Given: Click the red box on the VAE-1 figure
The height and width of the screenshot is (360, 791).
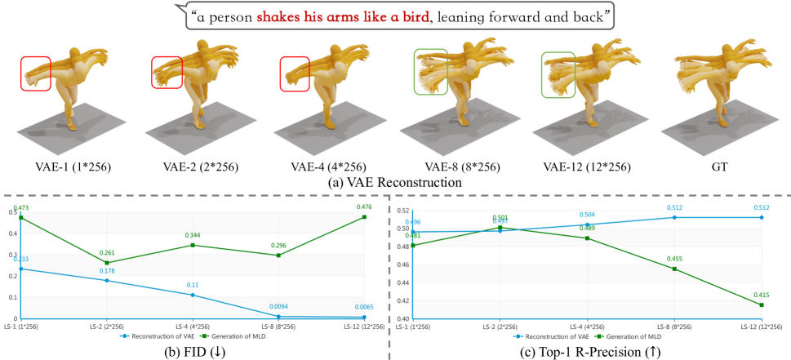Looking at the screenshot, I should (x=36, y=73).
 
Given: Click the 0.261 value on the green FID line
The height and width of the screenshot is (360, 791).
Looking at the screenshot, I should (x=106, y=253).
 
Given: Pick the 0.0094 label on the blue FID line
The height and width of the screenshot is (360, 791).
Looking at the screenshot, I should (x=274, y=307).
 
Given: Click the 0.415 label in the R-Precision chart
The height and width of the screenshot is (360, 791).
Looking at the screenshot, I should (x=761, y=295).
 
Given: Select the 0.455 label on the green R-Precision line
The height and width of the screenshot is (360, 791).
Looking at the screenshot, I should (x=673, y=259).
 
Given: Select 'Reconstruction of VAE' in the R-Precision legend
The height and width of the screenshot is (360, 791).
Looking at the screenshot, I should (x=553, y=335).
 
